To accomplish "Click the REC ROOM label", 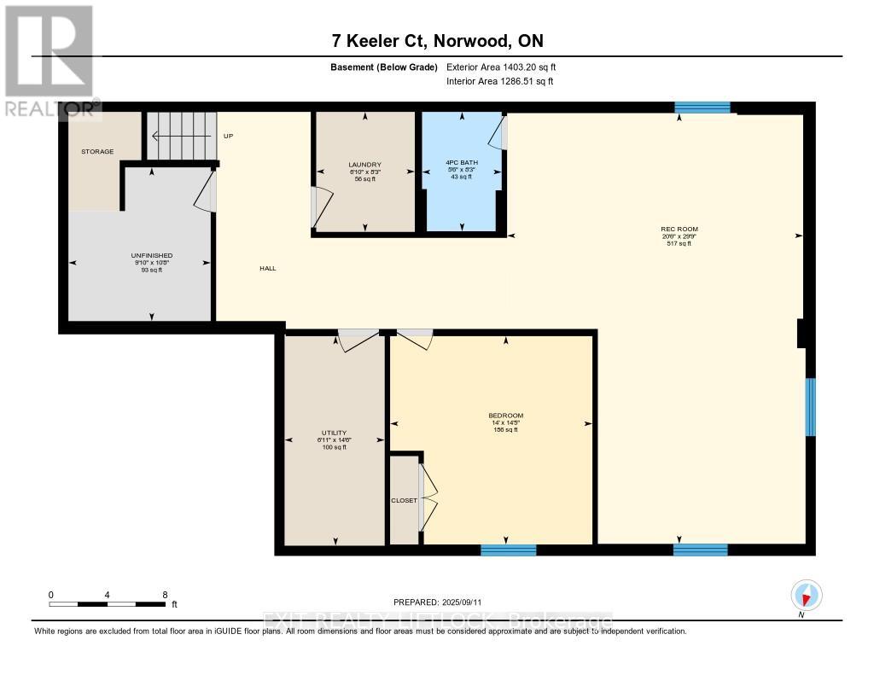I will [x=673, y=229].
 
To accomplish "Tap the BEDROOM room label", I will [x=508, y=416].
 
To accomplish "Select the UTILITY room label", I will [x=334, y=433].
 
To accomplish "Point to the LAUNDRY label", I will [x=364, y=165].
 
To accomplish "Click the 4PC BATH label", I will [x=462, y=165].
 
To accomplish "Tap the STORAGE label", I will [x=97, y=151].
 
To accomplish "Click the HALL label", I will [x=268, y=268].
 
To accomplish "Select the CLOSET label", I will [x=404, y=500].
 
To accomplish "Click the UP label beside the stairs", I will [x=228, y=137].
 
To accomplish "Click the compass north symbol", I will [x=806, y=596].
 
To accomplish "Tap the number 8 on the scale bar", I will [x=165, y=594].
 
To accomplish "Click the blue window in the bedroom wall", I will [x=508, y=550].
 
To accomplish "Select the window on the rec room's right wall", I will [x=811, y=407].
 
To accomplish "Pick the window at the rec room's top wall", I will [x=702, y=108].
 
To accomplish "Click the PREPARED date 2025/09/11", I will [x=443, y=602].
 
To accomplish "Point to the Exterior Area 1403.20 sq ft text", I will [x=501, y=67].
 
